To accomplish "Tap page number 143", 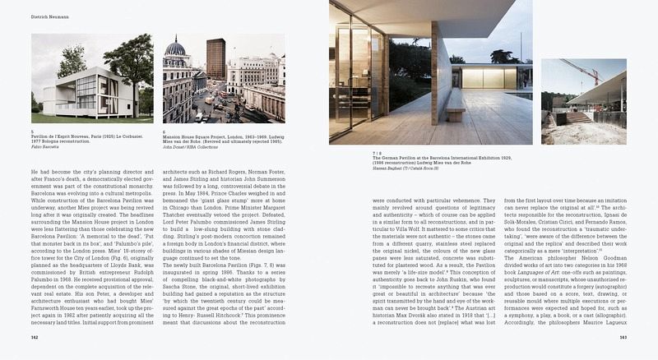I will point(623,337).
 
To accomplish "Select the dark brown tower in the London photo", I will point(215,58).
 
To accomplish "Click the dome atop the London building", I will point(177,51).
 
